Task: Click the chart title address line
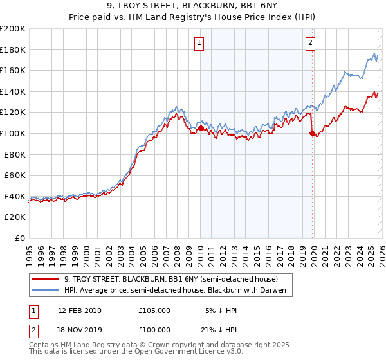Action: pos(193,7)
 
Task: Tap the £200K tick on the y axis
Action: pos(13,29)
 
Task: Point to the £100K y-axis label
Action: pos(13,133)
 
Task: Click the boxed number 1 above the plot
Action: pos(199,43)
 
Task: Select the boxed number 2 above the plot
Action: pos(311,43)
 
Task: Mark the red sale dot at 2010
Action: pos(200,128)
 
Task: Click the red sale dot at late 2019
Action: pos(312,133)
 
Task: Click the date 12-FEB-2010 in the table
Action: pos(79,310)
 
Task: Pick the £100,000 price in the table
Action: pos(154,328)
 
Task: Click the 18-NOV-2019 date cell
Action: pos(80,328)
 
